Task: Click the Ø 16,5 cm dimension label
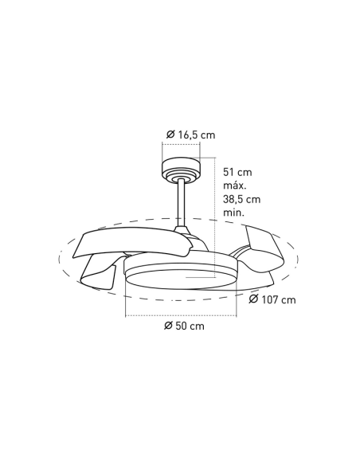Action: tap(191, 135)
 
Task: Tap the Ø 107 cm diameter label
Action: tap(272, 300)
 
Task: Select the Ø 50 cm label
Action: tap(183, 326)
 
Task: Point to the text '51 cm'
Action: tap(238, 172)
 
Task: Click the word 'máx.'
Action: tap(237, 186)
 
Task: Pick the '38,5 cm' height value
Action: tap(242, 199)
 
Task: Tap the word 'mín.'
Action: tap(234, 213)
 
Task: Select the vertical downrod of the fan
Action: tap(182, 202)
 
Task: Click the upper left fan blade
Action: tap(127, 241)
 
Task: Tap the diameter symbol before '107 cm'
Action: tap(253, 300)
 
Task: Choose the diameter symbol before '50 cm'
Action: tap(168, 326)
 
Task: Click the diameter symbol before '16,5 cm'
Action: tap(171, 135)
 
